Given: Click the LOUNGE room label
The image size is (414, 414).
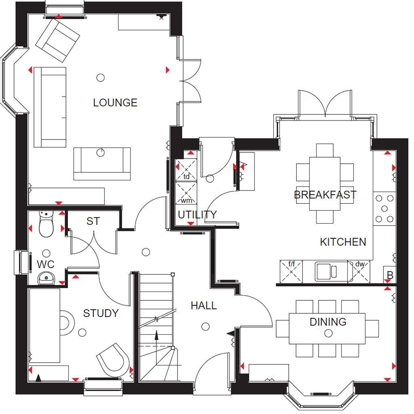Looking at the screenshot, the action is tap(115, 102).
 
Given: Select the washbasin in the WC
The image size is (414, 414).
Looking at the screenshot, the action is tap(46, 278).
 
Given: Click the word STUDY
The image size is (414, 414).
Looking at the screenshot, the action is tap(101, 313).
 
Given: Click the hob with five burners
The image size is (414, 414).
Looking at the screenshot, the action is tap(384, 209).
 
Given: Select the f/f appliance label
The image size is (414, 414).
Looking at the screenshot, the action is tap(291, 264).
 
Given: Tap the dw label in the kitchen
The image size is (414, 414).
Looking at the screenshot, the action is tap(360, 264).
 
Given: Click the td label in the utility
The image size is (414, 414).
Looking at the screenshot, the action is tap(186, 176).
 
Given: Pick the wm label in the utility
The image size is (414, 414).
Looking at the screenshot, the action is tap(186, 201).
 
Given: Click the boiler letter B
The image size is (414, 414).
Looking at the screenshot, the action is tap(390, 275).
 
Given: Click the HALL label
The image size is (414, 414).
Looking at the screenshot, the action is tap(204, 306).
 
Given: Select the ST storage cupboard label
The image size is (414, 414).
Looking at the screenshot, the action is tap(93, 221).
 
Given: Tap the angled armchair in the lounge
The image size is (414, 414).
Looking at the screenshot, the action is tap(57, 41).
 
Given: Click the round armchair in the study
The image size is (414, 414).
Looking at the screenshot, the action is tap(114, 359).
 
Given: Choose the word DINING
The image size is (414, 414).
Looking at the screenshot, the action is tap(328, 322).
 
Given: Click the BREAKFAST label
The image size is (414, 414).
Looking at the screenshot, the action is tap(325, 194).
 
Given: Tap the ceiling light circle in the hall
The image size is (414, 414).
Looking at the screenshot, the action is tap(205, 327).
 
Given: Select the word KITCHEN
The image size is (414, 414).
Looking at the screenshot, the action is tap(343, 242).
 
